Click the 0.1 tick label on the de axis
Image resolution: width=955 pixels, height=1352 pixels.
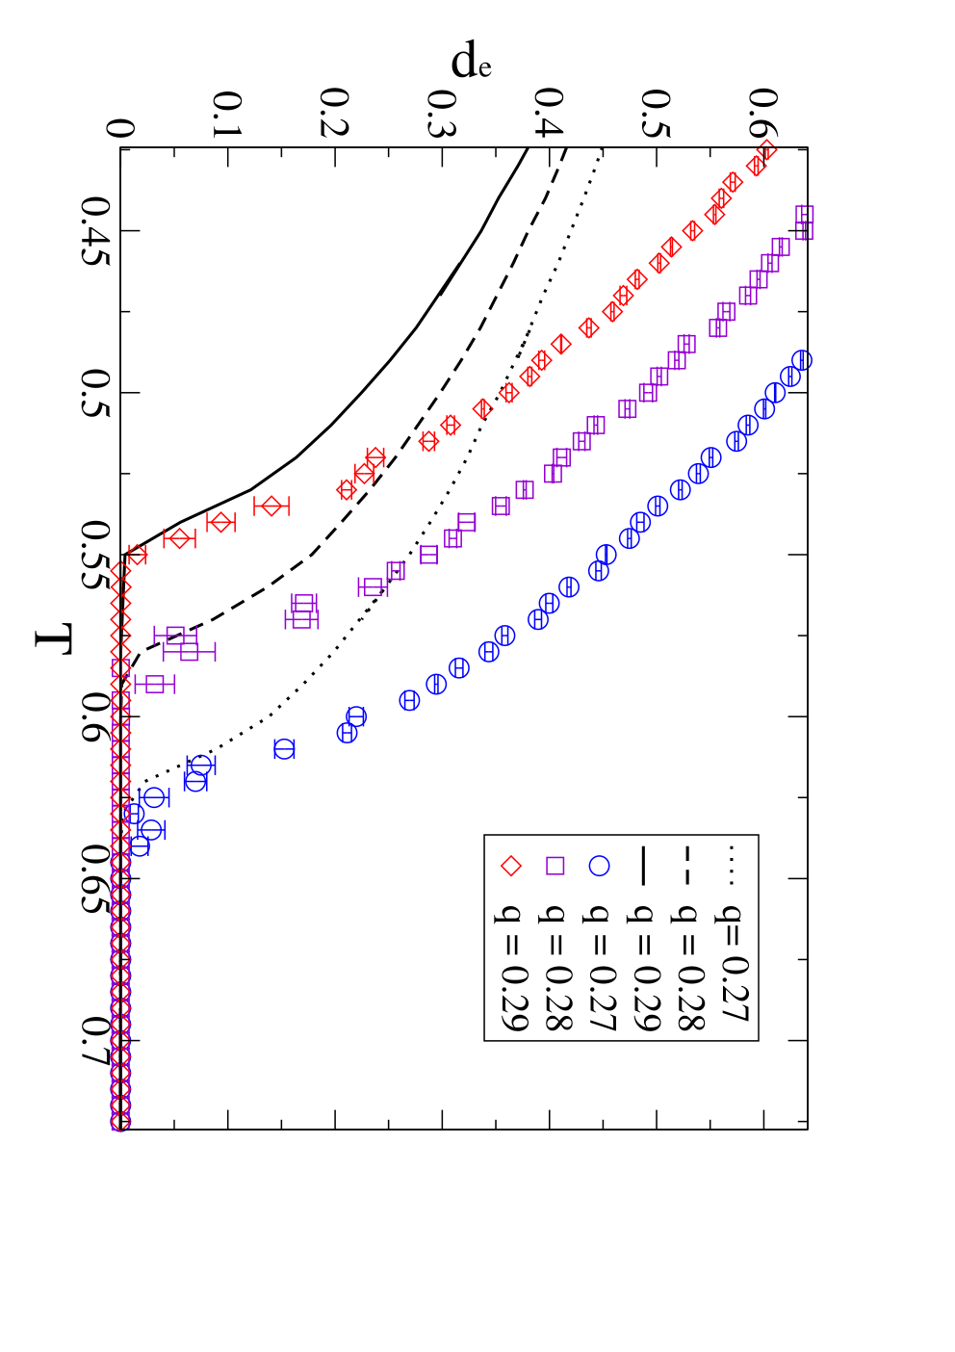[228, 115]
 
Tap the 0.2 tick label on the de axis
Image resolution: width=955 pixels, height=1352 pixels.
[335, 113]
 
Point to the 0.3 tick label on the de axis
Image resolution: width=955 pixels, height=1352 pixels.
[442, 113]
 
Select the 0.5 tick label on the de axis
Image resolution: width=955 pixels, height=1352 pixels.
[657, 113]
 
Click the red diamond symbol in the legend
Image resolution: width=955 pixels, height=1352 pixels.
[511, 866]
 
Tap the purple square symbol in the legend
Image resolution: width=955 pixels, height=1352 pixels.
[555, 866]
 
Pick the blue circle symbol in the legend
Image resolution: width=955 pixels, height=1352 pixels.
[599, 866]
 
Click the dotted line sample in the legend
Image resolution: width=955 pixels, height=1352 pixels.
[732, 866]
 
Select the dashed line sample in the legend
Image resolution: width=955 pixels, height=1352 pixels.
[686, 866]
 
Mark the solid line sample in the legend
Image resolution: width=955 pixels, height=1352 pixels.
[642, 866]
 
